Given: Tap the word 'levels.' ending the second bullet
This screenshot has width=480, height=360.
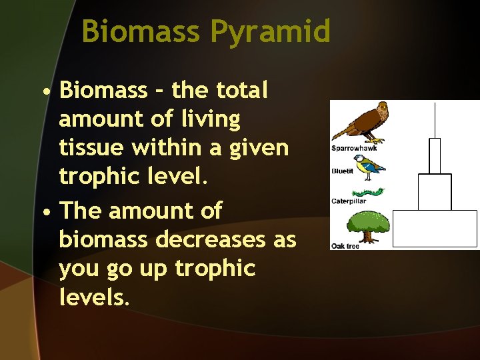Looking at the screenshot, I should [x=92, y=297].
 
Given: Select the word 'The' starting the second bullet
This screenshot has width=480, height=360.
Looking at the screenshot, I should [x=81, y=210].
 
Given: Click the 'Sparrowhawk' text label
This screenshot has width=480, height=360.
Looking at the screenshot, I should [x=354, y=148].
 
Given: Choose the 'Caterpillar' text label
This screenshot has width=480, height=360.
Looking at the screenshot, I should [x=349, y=201].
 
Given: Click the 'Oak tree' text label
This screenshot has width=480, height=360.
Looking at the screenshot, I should [x=345, y=246].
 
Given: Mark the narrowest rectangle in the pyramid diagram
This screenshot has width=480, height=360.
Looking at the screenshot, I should [x=435, y=156].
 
